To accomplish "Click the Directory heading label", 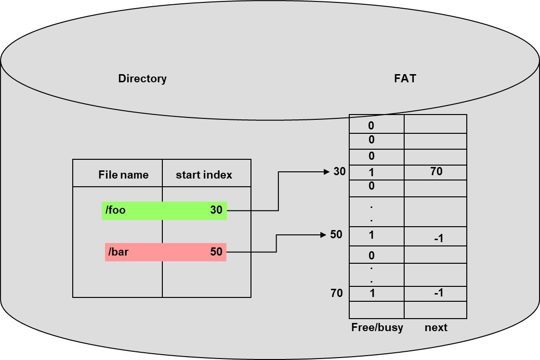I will pos(142,78).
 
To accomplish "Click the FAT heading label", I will pos(405,78).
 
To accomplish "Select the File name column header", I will pos(123,175).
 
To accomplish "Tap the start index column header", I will pos(204,175).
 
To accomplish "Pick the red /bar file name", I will pos(119,252).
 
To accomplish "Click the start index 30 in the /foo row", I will pos(216,210).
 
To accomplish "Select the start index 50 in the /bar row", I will pos(216,252).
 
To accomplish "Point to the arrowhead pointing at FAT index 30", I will pos(327,171).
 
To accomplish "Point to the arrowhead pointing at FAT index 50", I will pos(324,235).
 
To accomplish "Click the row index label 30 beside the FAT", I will pos(340,171).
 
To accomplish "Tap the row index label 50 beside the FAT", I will pos(336,235).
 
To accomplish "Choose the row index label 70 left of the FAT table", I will pos(336,293).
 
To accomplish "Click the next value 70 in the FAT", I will pos(436,171).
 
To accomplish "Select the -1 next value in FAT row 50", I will pos(438,238).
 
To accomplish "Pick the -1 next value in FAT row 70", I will pos(438,293).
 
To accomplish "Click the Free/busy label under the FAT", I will pos(377,328).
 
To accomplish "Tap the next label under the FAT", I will pos(436,328).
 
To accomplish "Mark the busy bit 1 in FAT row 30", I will pos(371,172).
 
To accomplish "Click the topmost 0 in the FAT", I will pos(371,126).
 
